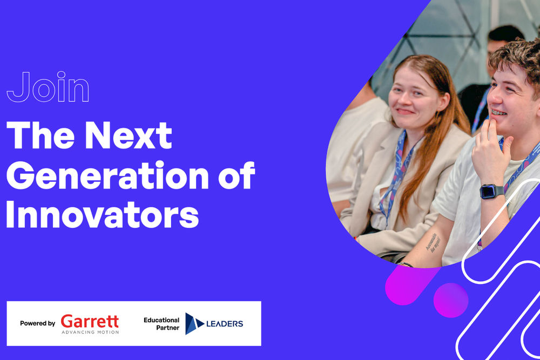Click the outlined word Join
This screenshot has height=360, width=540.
click(x=48, y=87)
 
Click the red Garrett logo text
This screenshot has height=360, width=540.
click(x=90, y=321)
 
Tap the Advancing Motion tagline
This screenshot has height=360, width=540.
click(x=90, y=332)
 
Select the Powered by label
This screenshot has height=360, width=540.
click(x=37, y=323)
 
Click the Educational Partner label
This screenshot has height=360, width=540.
click(x=161, y=324)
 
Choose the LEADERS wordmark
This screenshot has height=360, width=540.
click(x=225, y=324)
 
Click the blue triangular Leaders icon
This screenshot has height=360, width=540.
click(x=194, y=323)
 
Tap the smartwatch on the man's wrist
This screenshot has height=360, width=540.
click(x=491, y=191)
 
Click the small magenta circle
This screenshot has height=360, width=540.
click(x=451, y=300)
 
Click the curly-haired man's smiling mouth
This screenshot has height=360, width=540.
click(x=500, y=113)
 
